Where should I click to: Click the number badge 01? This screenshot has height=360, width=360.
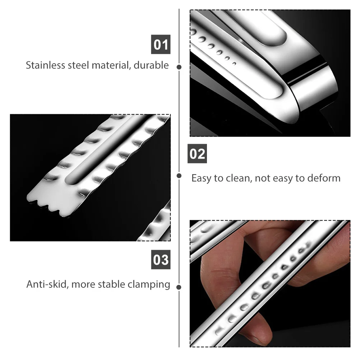click(161, 45)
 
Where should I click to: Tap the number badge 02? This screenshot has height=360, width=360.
click(197, 154)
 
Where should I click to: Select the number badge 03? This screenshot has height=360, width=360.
click(161, 259)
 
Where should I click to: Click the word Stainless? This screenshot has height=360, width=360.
click(45, 65)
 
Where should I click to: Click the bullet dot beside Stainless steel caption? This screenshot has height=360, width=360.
click(179, 67)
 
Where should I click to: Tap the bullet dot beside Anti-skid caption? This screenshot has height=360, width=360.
click(179, 287)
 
